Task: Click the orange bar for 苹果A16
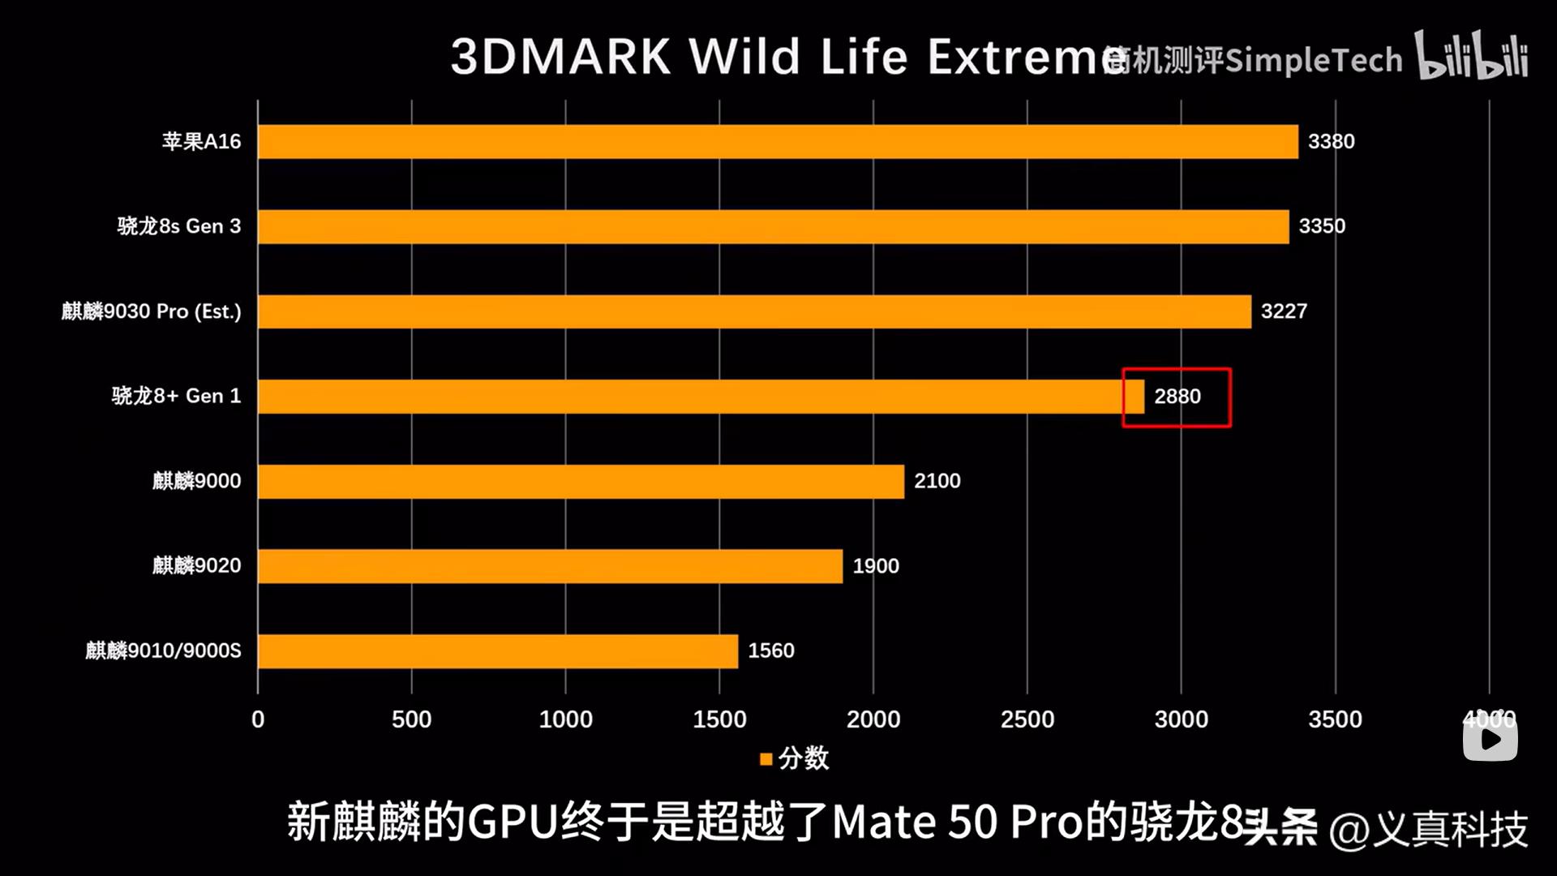(777, 142)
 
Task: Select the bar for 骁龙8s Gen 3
(773, 226)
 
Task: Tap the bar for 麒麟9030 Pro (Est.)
(754, 311)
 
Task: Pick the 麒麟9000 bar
(581, 481)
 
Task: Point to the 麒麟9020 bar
(550, 566)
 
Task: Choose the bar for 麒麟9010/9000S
(498, 651)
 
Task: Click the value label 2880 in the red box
(1177, 397)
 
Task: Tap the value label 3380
(1331, 142)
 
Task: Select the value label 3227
(1284, 311)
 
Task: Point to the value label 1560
(770, 651)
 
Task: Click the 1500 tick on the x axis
(719, 719)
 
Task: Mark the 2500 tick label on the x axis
(1027, 719)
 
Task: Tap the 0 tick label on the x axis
(258, 719)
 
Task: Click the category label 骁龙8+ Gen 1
(176, 396)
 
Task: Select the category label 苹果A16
(201, 142)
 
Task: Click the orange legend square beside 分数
(766, 759)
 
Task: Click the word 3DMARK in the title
(560, 57)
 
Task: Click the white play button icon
(1490, 739)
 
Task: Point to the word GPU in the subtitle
(513, 822)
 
